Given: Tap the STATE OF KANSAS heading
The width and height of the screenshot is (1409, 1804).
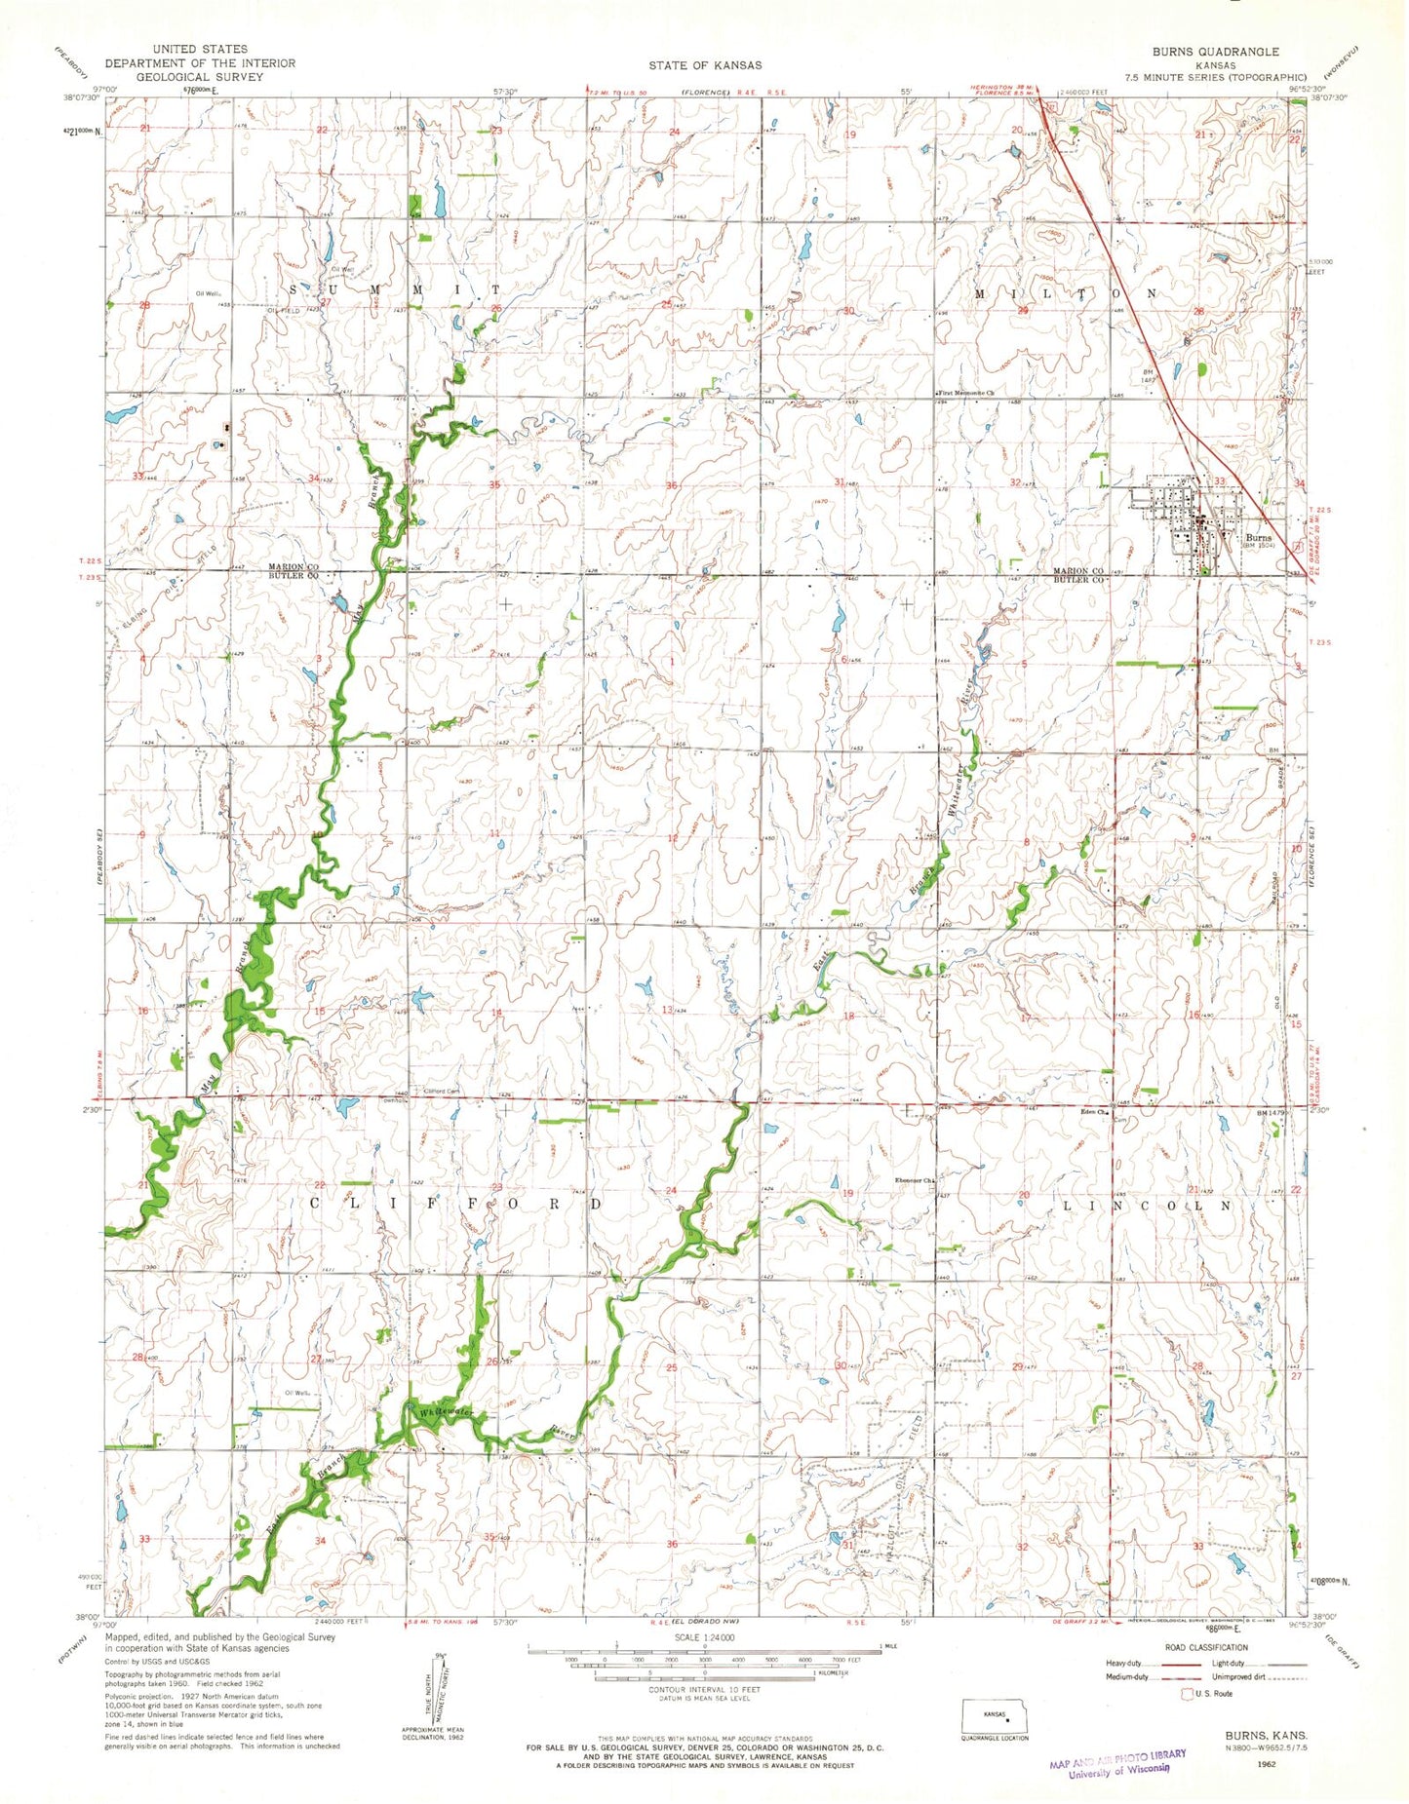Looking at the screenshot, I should [x=705, y=64].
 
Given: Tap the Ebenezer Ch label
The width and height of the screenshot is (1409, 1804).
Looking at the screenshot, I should [x=915, y=1182].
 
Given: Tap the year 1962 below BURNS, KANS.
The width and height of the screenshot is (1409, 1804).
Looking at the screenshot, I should [x=1267, y=1763].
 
